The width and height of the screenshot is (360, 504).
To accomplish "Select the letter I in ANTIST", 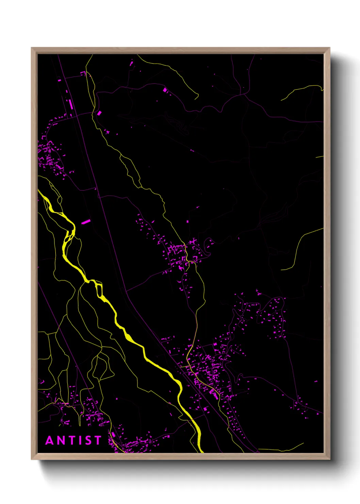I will (x=80, y=440).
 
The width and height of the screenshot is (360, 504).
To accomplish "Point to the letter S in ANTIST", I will (x=88, y=440).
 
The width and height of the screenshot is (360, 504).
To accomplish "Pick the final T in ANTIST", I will (x=98, y=440).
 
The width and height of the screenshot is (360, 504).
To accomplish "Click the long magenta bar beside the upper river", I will (x=86, y=222).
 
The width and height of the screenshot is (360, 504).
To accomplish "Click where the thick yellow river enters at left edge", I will (x=39, y=191).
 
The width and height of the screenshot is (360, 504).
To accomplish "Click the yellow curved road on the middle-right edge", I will (x=299, y=245).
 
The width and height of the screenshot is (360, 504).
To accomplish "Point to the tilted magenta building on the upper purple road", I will (x=165, y=90).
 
